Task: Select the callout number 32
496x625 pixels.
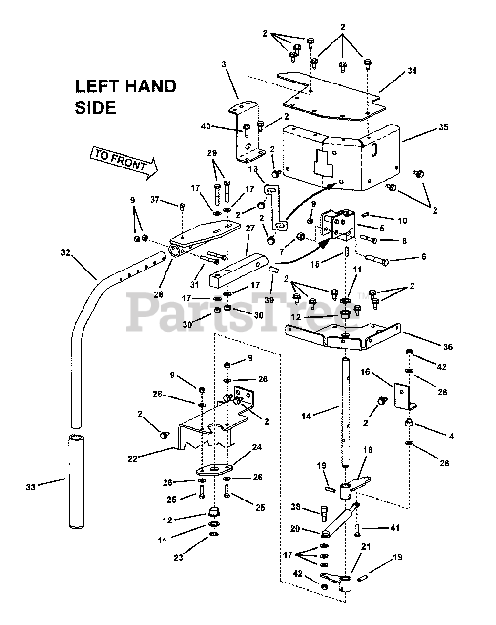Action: click(66, 252)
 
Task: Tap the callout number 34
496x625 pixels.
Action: click(412, 72)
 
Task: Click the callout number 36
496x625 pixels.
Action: click(447, 347)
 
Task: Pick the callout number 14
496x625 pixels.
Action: click(306, 417)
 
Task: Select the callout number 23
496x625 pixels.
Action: click(179, 558)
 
